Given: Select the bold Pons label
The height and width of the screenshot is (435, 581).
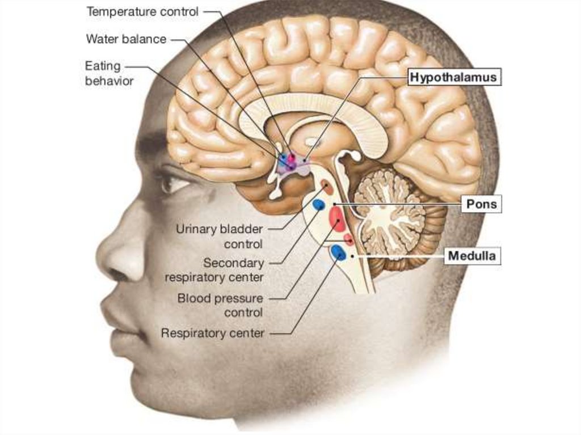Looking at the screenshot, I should tap(481, 204).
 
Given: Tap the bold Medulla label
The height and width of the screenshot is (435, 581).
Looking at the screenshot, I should tap(472, 256).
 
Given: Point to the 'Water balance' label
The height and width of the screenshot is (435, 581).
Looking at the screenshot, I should tap(126, 39).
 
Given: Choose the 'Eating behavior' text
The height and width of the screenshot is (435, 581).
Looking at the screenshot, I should tap(109, 74).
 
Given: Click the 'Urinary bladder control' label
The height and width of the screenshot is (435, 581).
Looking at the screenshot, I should tap(220, 236).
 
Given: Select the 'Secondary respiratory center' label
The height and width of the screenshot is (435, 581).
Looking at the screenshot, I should tap(214, 270).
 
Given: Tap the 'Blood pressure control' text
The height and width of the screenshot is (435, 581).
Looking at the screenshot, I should tap(220, 305).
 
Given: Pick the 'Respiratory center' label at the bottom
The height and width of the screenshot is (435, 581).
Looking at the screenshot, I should tap(213, 333).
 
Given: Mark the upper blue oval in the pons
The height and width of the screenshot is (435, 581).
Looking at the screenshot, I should tap(319, 204).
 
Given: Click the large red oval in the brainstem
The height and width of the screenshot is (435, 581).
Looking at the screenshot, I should tap(336, 219).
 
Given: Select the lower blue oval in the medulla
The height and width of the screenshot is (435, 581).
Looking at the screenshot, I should tap(339, 252).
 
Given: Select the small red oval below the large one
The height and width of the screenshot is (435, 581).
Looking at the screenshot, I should tap(349, 239).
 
